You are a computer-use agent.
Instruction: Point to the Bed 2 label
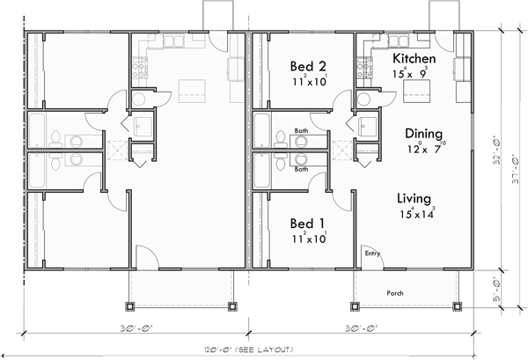tap(309, 66)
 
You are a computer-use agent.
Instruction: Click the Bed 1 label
tap(309, 221)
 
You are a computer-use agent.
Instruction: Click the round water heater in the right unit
tap(363, 98)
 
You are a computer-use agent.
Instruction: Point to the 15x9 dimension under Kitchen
tap(412, 74)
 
